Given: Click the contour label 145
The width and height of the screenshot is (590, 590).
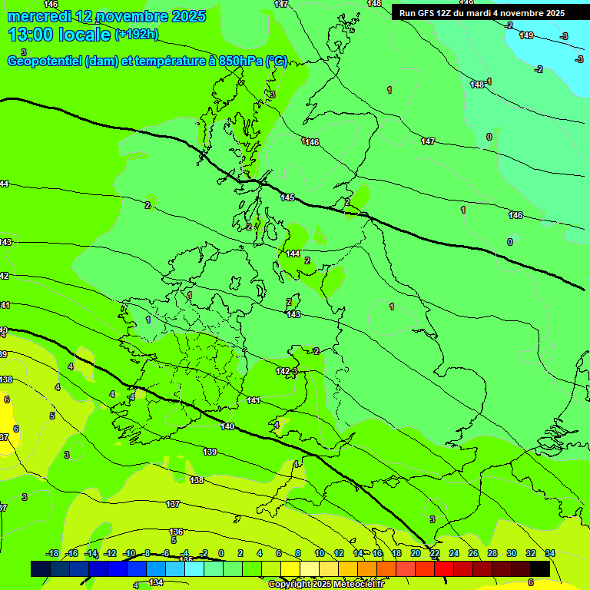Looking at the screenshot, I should (x=287, y=197).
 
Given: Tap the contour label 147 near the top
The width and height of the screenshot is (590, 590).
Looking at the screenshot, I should (x=281, y=4).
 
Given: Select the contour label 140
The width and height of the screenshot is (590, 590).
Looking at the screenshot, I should (x=227, y=426).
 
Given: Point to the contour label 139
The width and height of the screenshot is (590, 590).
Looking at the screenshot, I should (x=210, y=452).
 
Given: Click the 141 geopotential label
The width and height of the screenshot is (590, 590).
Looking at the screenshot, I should (x=254, y=400).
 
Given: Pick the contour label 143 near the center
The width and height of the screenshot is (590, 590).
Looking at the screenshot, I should (x=293, y=314).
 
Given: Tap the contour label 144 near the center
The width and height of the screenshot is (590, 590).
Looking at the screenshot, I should (x=293, y=254).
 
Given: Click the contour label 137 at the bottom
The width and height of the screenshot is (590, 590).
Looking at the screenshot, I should (x=173, y=504).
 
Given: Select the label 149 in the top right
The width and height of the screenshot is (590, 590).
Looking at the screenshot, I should (x=526, y=35).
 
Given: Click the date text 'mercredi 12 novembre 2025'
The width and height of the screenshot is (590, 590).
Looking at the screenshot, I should (x=106, y=16).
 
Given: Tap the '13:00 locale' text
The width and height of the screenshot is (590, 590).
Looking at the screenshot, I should (x=60, y=35).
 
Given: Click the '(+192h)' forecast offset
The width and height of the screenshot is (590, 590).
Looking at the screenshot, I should (x=136, y=35).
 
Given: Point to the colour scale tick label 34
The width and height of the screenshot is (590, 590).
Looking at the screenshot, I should (x=550, y=553).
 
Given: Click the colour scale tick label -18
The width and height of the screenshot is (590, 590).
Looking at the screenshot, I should (x=53, y=553).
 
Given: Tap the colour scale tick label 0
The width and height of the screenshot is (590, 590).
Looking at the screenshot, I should (x=221, y=553).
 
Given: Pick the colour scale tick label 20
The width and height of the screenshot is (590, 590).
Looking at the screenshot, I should (x=416, y=553).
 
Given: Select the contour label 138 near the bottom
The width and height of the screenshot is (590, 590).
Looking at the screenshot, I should (x=197, y=480).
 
